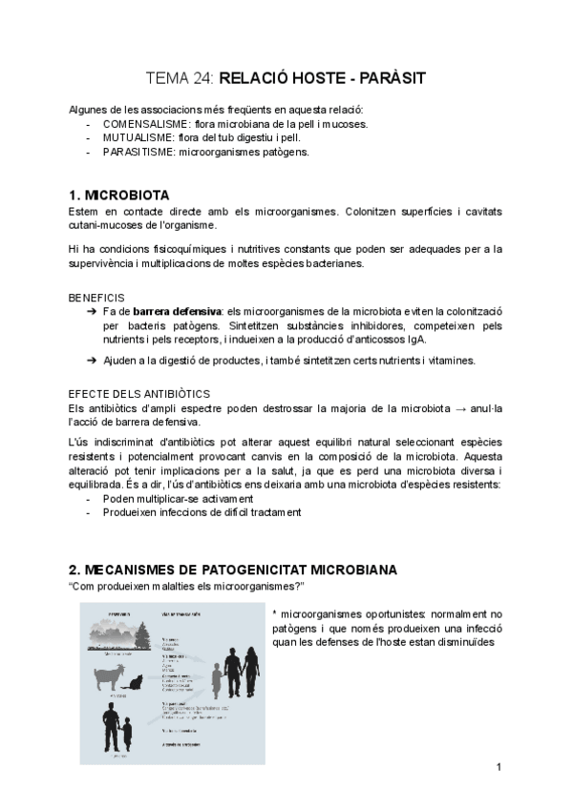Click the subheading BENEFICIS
pyautogui.click(x=96, y=298)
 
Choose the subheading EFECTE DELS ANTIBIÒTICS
pyautogui.click(x=139, y=394)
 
